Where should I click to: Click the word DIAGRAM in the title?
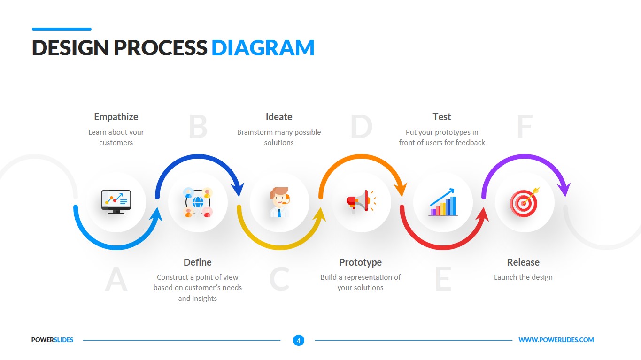(x=263, y=48)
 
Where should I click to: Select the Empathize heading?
(x=116, y=117)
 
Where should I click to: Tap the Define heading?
(x=197, y=262)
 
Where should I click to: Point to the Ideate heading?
(x=279, y=117)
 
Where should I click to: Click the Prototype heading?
(x=360, y=262)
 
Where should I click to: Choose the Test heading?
(x=441, y=117)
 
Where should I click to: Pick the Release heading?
(x=523, y=262)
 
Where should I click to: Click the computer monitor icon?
(x=116, y=202)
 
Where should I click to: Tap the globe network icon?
(x=198, y=202)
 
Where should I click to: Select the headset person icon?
(x=279, y=202)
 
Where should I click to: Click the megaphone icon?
(x=361, y=202)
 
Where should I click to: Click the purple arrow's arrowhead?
(x=564, y=189)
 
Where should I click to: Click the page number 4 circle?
(x=298, y=340)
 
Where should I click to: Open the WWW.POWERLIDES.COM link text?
(x=556, y=340)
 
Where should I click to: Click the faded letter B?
(x=198, y=127)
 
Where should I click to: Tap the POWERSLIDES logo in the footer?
(x=52, y=340)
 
